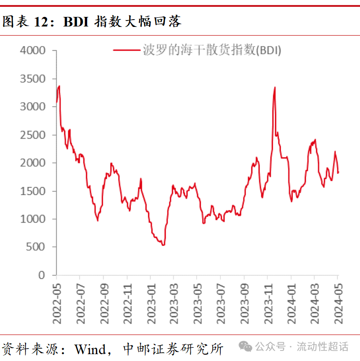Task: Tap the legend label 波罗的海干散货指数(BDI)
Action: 212,51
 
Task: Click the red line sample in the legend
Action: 126,51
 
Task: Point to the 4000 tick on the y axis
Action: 33,50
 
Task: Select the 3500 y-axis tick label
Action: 33,78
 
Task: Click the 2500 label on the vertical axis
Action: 33,135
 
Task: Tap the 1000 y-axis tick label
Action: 33,219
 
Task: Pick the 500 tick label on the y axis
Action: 37,247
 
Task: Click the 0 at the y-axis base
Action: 42,275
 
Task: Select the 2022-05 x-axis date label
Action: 57,301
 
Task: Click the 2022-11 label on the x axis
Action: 127,301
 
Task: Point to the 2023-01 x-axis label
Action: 151,301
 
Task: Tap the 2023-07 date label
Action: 221,301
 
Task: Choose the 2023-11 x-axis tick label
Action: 268,301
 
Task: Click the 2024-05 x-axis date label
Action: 338,301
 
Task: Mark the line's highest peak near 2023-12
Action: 275,87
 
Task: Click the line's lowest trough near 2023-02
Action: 163,245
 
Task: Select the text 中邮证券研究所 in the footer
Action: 173,349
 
